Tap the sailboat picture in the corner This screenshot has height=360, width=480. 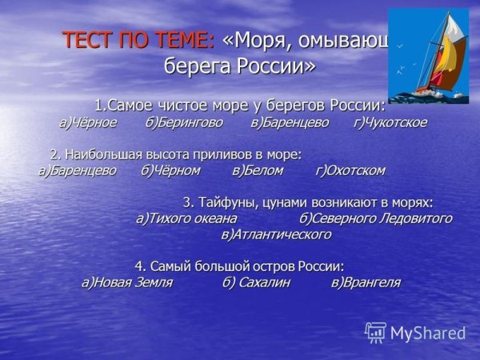tap(428, 55)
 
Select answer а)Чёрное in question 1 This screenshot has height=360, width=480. tap(87, 122)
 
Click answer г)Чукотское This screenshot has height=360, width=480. tap(390, 122)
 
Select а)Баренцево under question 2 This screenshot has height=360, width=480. tap(78, 170)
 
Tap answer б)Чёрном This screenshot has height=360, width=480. tap(170, 170)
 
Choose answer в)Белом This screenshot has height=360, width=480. tap(258, 170)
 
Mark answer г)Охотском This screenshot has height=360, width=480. tap(350, 170)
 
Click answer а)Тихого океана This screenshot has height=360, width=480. tap(186, 218)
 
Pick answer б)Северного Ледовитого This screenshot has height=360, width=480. tap(375, 218)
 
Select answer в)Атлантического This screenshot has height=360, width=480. tap(276, 234)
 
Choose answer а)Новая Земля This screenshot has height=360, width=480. tap(127, 282)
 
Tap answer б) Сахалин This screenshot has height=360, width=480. tap(256, 282)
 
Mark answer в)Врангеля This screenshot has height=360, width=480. tap(365, 282)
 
